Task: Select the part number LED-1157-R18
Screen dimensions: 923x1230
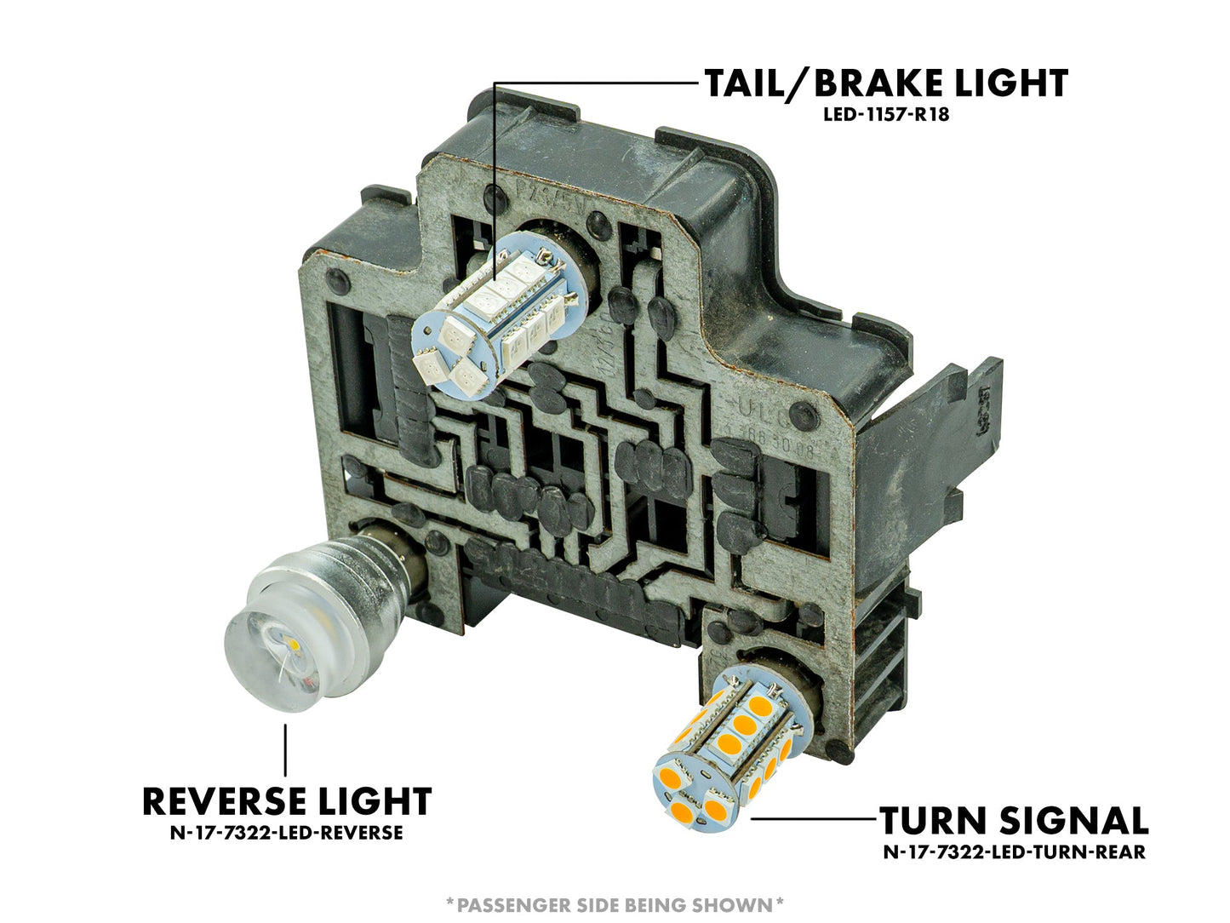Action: [885, 114]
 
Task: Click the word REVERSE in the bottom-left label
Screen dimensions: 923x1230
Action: [226, 801]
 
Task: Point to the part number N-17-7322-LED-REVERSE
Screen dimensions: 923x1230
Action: [286, 832]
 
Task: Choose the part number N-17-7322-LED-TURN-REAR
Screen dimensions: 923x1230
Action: [1014, 851]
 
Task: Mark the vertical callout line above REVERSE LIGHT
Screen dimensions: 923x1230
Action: [285, 749]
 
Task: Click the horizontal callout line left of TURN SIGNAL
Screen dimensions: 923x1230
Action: [813, 819]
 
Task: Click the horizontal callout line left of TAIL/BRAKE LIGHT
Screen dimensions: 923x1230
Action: [596, 83]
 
